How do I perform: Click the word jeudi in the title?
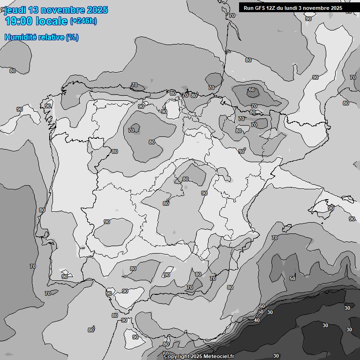pos(15,10)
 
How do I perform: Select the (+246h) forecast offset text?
pos(83,21)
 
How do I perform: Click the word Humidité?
pos(18,37)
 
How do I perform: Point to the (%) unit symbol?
pos(72,37)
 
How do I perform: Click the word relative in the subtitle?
pos(49,37)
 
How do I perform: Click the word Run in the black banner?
pos(249,8)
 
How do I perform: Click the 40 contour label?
pos(257,320)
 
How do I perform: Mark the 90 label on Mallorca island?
pos(331,208)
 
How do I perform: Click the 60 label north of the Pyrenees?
pos(252,90)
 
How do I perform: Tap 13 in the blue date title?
pos(33,10)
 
